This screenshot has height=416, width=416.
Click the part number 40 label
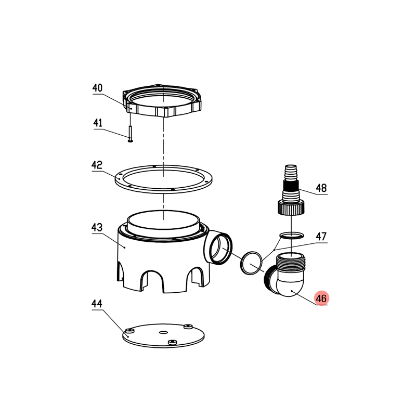click(x=97, y=88)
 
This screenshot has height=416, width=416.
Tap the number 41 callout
click(x=98, y=123)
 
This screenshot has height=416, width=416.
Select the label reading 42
click(x=97, y=165)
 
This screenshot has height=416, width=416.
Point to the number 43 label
click(x=97, y=227)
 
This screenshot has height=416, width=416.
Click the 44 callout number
click(x=97, y=304)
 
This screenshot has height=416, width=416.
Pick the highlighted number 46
click(x=321, y=298)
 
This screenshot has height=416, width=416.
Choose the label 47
click(x=321, y=236)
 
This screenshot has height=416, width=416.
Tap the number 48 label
click(x=321, y=188)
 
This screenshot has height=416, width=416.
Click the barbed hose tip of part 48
click(x=291, y=172)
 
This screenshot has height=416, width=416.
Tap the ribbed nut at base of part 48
click(x=291, y=207)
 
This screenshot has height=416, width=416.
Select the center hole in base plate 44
click(x=163, y=332)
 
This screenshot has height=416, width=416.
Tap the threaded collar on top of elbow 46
click(x=291, y=262)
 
